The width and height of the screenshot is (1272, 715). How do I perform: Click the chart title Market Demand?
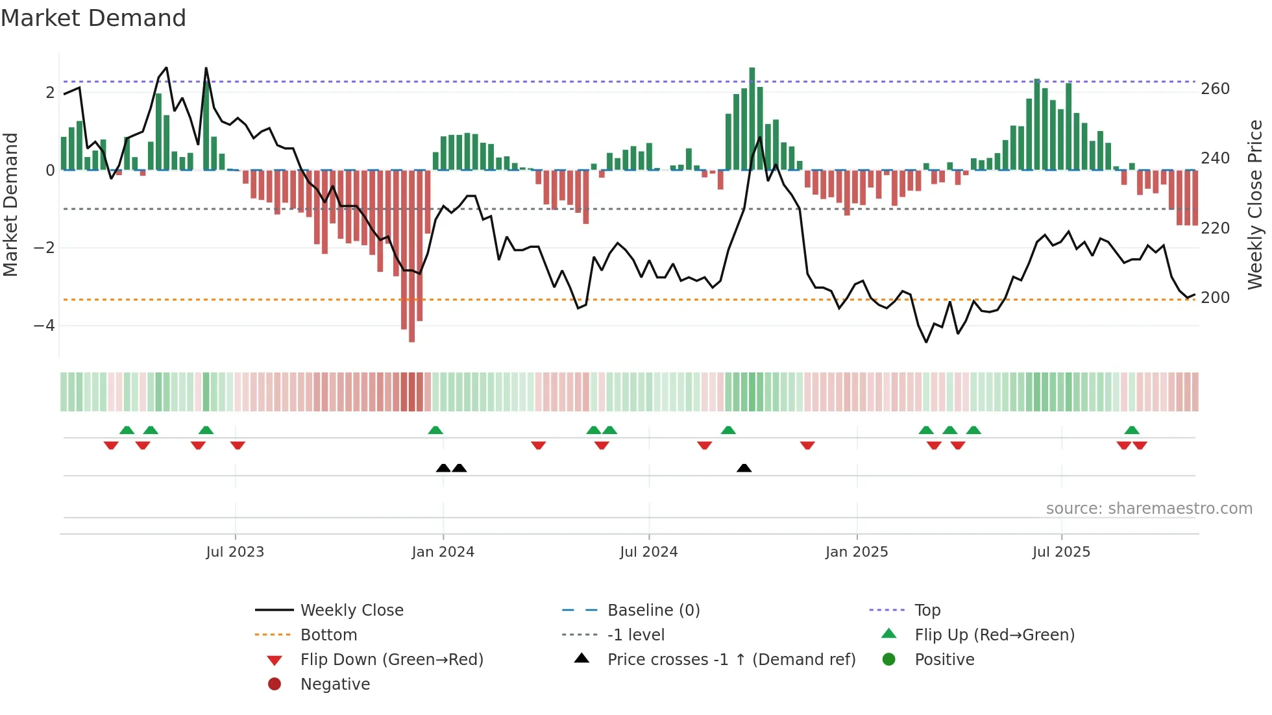tap(93, 18)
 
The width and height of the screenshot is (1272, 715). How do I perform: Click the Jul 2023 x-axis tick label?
tap(235, 552)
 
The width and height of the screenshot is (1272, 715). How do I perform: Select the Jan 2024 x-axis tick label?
tap(443, 552)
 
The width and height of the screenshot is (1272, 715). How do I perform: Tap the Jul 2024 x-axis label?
tap(648, 552)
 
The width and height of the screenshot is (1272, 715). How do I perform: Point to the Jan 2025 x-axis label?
tap(857, 552)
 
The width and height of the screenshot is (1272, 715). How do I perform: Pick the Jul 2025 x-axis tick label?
tap(1061, 552)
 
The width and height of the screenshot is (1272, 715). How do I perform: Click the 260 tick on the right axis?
tap(1215, 89)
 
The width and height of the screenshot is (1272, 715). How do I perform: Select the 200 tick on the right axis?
tap(1215, 298)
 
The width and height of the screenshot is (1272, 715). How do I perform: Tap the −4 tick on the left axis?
tap(44, 326)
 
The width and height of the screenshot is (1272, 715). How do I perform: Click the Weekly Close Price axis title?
tap(1255, 204)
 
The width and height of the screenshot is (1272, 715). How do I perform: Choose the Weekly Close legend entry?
tap(351, 611)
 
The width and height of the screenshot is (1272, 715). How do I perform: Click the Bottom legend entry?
tap(328, 635)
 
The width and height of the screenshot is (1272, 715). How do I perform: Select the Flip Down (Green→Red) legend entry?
tap(391, 660)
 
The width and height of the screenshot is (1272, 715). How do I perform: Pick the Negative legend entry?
tap(335, 685)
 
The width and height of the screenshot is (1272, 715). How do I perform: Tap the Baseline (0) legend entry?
tap(653, 611)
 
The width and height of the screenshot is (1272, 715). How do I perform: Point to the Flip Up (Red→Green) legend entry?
tap(994, 635)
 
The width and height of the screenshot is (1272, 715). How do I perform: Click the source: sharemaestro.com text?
tap(1149, 509)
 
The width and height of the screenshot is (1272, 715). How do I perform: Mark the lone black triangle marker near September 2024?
tap(744, 468)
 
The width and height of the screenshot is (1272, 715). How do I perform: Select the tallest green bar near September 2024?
tap(752, 118)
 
